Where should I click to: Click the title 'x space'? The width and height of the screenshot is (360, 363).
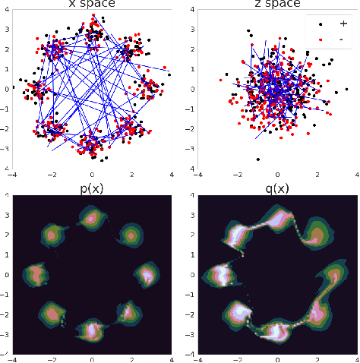(92, 5)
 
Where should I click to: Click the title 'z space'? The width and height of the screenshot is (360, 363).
(276, 5)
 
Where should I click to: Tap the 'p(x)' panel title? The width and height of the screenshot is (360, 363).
(92, 189)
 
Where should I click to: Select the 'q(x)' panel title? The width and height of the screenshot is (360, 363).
(276, 189)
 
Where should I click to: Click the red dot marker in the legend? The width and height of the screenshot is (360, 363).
(320, 37)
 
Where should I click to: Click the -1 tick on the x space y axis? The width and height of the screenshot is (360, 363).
(6, 109)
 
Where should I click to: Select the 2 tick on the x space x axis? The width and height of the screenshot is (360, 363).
(132, 175)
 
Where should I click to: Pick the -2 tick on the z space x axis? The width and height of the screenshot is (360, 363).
(236, 175)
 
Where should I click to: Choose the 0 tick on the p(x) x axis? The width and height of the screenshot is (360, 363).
(92, 358)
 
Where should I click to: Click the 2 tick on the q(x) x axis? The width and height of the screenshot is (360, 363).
(317, 358)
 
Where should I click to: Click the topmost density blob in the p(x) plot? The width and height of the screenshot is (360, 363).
(92, 219)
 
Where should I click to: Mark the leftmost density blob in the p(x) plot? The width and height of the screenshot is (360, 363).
(34, 273)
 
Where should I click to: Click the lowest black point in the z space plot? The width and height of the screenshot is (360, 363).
(257, 159)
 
